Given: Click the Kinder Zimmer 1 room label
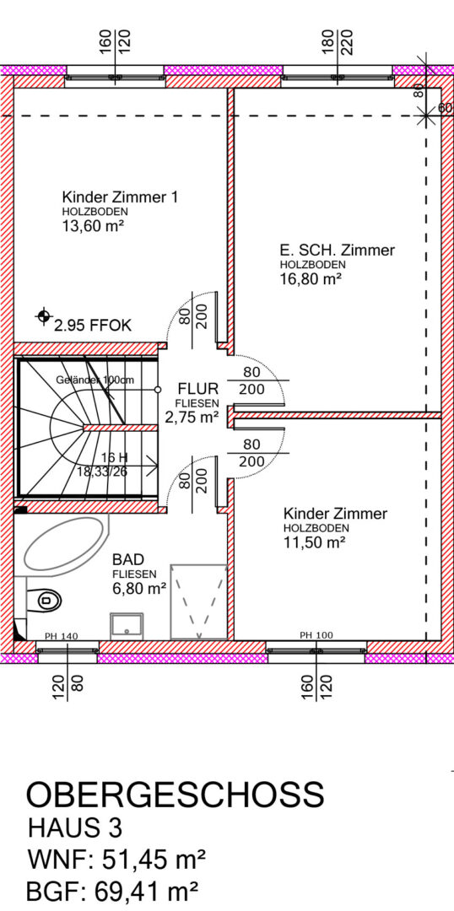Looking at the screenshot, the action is click(120, 197).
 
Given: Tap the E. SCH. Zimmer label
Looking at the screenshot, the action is click(338, 251).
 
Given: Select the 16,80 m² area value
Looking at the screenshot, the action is click(310, 279).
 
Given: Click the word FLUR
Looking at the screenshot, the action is click(197, 388).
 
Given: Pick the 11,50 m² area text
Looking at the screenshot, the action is click(315, 542).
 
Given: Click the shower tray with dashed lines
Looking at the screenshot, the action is click(197, 602).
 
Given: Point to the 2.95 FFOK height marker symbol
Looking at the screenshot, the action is click(43, 316).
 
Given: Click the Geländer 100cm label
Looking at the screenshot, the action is click(95, 380).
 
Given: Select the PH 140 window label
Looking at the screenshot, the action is click(61, 636).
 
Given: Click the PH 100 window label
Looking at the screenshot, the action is click(316, 635).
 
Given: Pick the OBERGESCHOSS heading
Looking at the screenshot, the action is click(175, 795).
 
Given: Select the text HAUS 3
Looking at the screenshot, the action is click(75, 828).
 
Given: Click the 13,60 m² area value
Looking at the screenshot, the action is click(93, 225).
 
